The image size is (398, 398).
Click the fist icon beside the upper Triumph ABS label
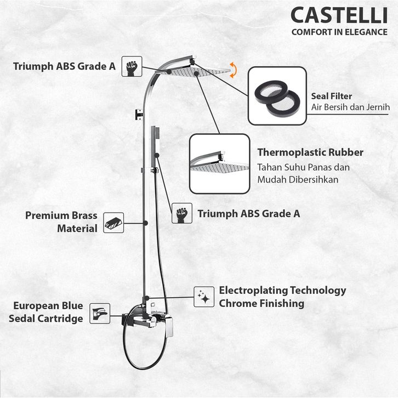click(x=132, y=66)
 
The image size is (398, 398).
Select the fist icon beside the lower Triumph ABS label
click(x=181, y=213)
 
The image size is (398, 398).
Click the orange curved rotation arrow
click(x=235, y=70)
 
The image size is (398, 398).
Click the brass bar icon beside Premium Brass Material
click(x=113, y=221)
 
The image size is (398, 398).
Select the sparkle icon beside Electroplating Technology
click(x=203, y=297)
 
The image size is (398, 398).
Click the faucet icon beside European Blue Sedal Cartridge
click(x=100, y=313)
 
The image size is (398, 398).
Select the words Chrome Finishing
click(x=261, y=303)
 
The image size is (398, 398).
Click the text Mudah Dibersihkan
click(x=298, y=179)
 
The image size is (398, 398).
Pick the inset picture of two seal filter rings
click(x=276, y=95)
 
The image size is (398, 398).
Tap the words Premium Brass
click(x=55, y=215)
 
